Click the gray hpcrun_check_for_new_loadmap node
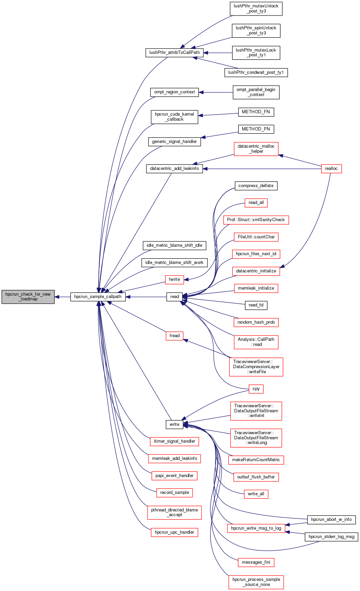pos(28,297)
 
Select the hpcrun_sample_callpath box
pos(98,297)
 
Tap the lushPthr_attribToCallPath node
pos(174,53)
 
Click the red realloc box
pos(331,169)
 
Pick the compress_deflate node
pos(256,186)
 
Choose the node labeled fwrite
pos(174,279)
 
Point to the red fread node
pos(174,336)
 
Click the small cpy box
pos(256,389)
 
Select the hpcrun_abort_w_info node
pos(331,520)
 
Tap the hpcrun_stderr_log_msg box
pos(331,537)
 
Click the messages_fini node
pos(256,562)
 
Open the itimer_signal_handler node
pos(174,441)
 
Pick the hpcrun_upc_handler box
pos(174,532)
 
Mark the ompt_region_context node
pos(174,92)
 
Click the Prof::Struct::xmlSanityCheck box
pos(256,220)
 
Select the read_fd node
pos(256,305)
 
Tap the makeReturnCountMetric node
pos(256,460)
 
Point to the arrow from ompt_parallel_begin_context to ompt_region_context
pos(216,92)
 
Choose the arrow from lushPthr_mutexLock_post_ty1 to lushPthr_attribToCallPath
pos(218,53)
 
